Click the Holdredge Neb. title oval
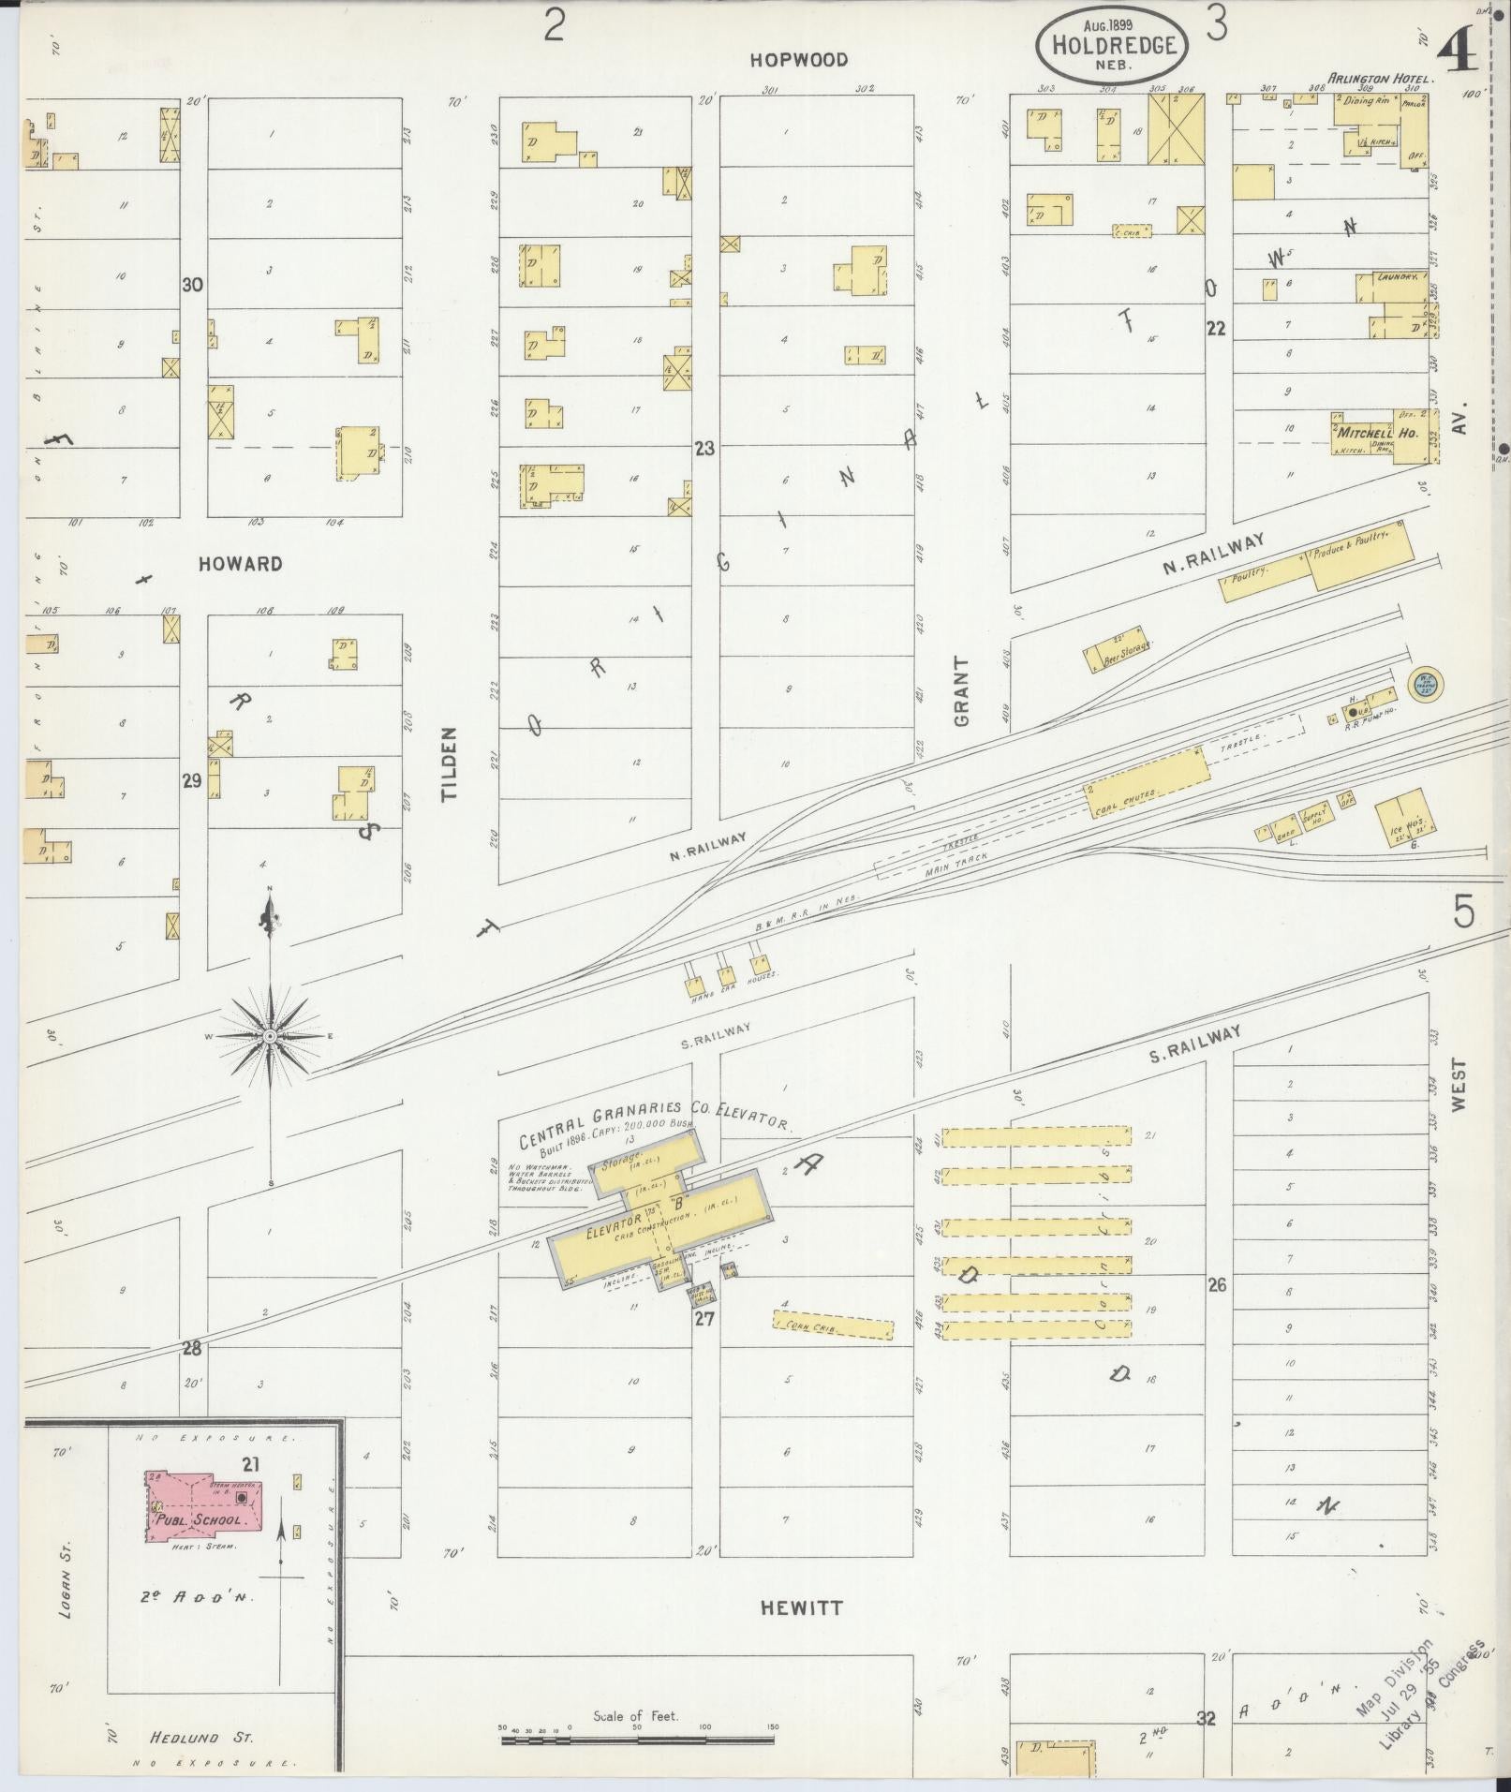coord(1113,45)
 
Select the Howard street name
coord(240,564)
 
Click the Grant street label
coord(962,691)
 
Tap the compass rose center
coord(270,1036)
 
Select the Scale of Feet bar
coord(637,1740)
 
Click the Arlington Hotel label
coord(1375,80)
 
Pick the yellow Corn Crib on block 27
coord(832,1325)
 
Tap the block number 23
coord(704,449)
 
